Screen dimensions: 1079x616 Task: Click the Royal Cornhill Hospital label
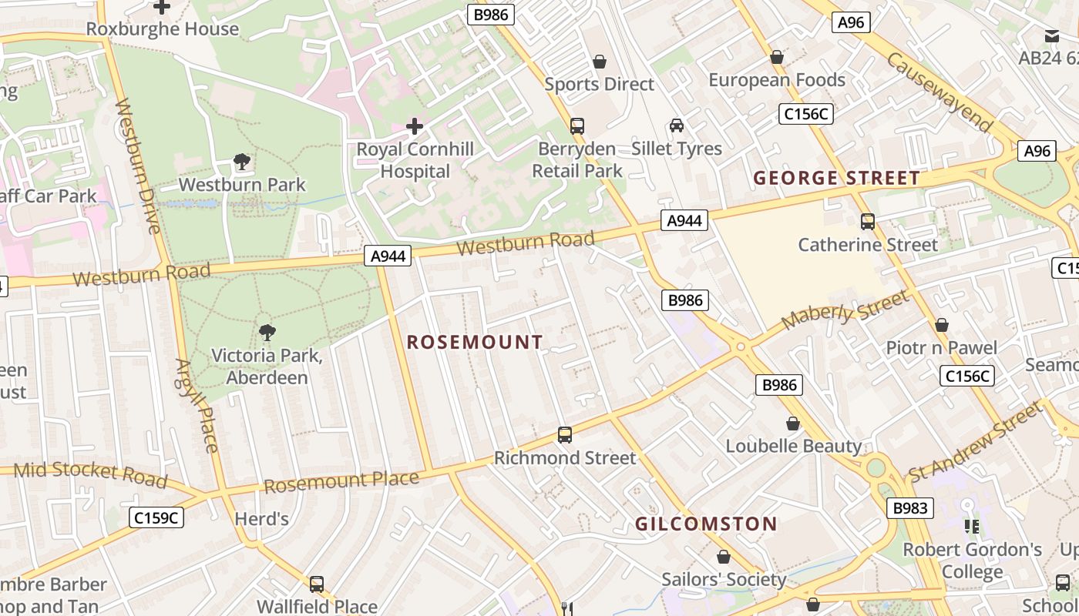[x=415, y=160]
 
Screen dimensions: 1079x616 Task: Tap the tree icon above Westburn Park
[x=242, y=162]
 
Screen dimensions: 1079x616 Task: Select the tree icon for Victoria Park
[x=267, y=333]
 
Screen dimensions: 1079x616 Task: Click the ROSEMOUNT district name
[x=475, y=343]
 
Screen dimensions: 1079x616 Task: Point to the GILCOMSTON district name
[x=706, y=524]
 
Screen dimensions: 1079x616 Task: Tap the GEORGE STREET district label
[x=836, y=179]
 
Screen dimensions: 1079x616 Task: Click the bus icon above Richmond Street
[x=565, y=435]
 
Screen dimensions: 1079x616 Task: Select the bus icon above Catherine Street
[x=867, y=222]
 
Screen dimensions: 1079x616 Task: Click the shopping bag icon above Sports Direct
[x=599, y=62]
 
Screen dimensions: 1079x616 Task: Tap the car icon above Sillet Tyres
[x=676, y=126]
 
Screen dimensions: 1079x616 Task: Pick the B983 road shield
[x=910, y=508]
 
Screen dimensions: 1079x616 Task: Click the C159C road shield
[x=156, y=518]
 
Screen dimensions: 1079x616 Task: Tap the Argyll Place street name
[x=197, y=405]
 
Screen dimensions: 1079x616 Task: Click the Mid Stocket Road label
[x=91, y=474]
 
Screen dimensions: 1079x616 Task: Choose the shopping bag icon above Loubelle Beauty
[x=792, y=423]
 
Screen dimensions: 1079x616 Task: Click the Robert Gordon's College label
[x=972, y=561]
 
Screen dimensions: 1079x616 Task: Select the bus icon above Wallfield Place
[x=316, y=584]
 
